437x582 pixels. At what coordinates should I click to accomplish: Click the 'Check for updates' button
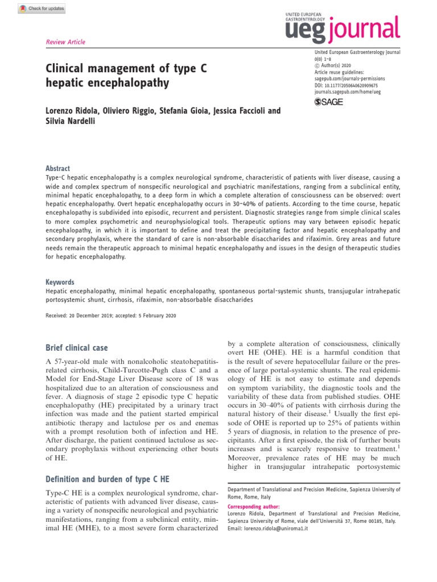[35, 9]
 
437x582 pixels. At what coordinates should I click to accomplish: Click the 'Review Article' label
[64, 42]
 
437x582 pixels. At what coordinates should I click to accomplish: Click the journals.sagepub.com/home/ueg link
[348, 91]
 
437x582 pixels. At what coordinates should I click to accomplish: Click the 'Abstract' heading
[57, 169]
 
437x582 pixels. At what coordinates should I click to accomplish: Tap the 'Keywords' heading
[60, 282]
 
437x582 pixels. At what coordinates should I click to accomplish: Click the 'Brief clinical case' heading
[77, 348]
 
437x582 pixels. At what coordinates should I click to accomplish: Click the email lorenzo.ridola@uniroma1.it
[276, 529]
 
